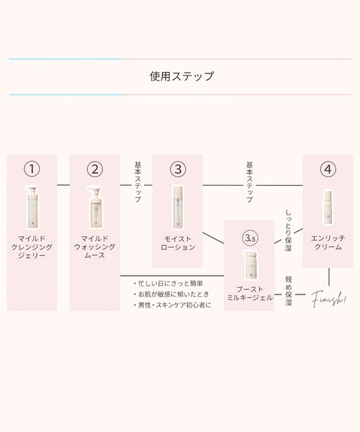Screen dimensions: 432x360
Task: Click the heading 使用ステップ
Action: click(179, 75)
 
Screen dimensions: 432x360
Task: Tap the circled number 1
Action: click(32, 170)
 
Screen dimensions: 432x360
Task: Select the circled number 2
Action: click(95, 170)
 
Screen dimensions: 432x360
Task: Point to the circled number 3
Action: click(179, 170)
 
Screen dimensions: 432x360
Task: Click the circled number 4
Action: click(328, 170)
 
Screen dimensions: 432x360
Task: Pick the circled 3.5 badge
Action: click(251, 237)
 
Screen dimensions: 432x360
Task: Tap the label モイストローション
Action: click(179, 242)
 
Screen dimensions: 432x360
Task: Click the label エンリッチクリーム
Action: click(328, 242)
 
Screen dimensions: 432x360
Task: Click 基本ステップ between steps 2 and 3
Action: click(137, 184)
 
